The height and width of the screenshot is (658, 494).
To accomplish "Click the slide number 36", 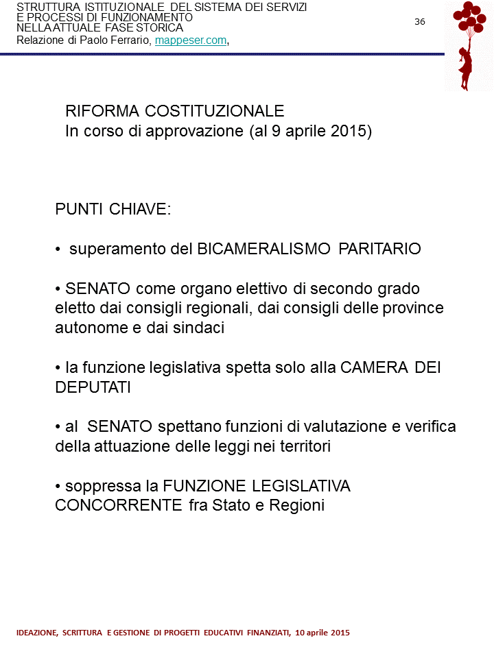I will tap(420, 21).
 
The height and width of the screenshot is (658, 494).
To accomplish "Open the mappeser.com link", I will tap(191, 40).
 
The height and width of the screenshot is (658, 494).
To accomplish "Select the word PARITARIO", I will tap(380, 248).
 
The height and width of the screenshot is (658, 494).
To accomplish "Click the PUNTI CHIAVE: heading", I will tap(113, 210).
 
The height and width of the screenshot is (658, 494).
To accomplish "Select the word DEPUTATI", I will tap(93, 387).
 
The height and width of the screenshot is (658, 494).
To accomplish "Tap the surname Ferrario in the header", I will tap(132, 40).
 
